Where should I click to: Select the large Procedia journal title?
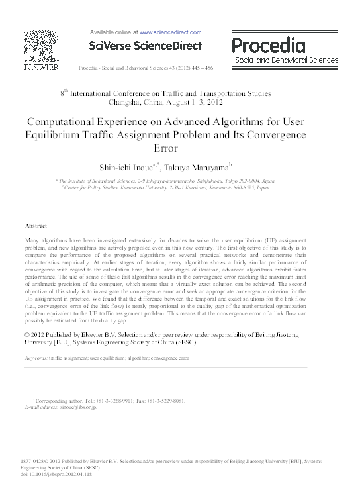pyautogui.click(x=268, y=46)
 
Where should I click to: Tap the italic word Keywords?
pyautogui.click(x=36, y=358)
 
